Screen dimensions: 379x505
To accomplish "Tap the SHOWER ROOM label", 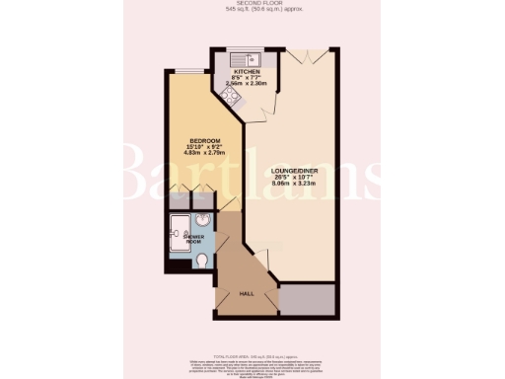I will click(x=189, y=240).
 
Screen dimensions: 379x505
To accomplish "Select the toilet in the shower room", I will click(x=203, y=260).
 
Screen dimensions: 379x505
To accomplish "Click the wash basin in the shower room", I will click(x=203, y=221).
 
